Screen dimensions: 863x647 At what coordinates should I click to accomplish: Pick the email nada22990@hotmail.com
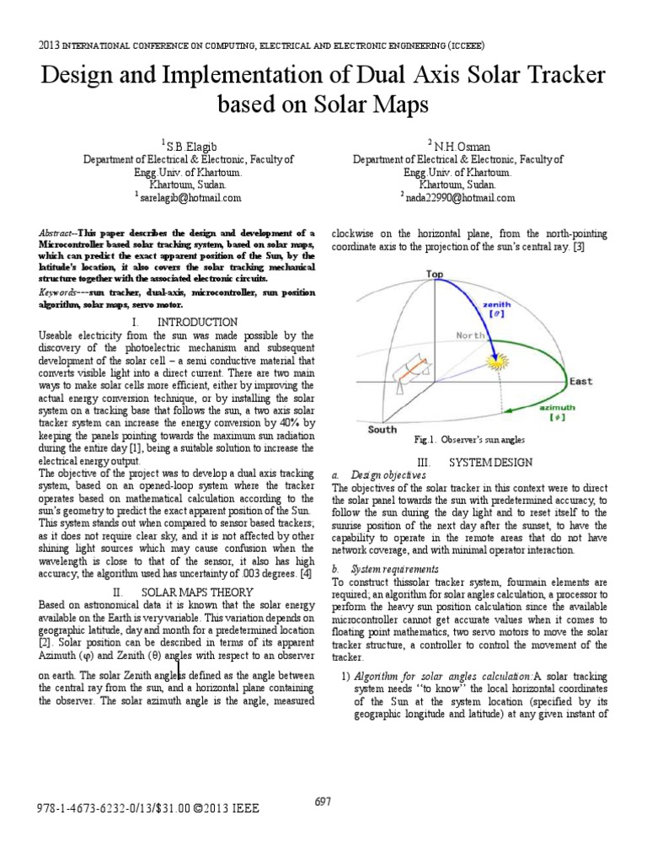[461, 197]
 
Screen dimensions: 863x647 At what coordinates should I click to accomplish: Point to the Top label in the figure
[435, 274]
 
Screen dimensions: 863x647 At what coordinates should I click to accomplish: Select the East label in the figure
[580, 382]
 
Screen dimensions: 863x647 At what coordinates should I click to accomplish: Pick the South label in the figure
[382, 429]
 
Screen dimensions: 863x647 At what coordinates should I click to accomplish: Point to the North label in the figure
[471, 335]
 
